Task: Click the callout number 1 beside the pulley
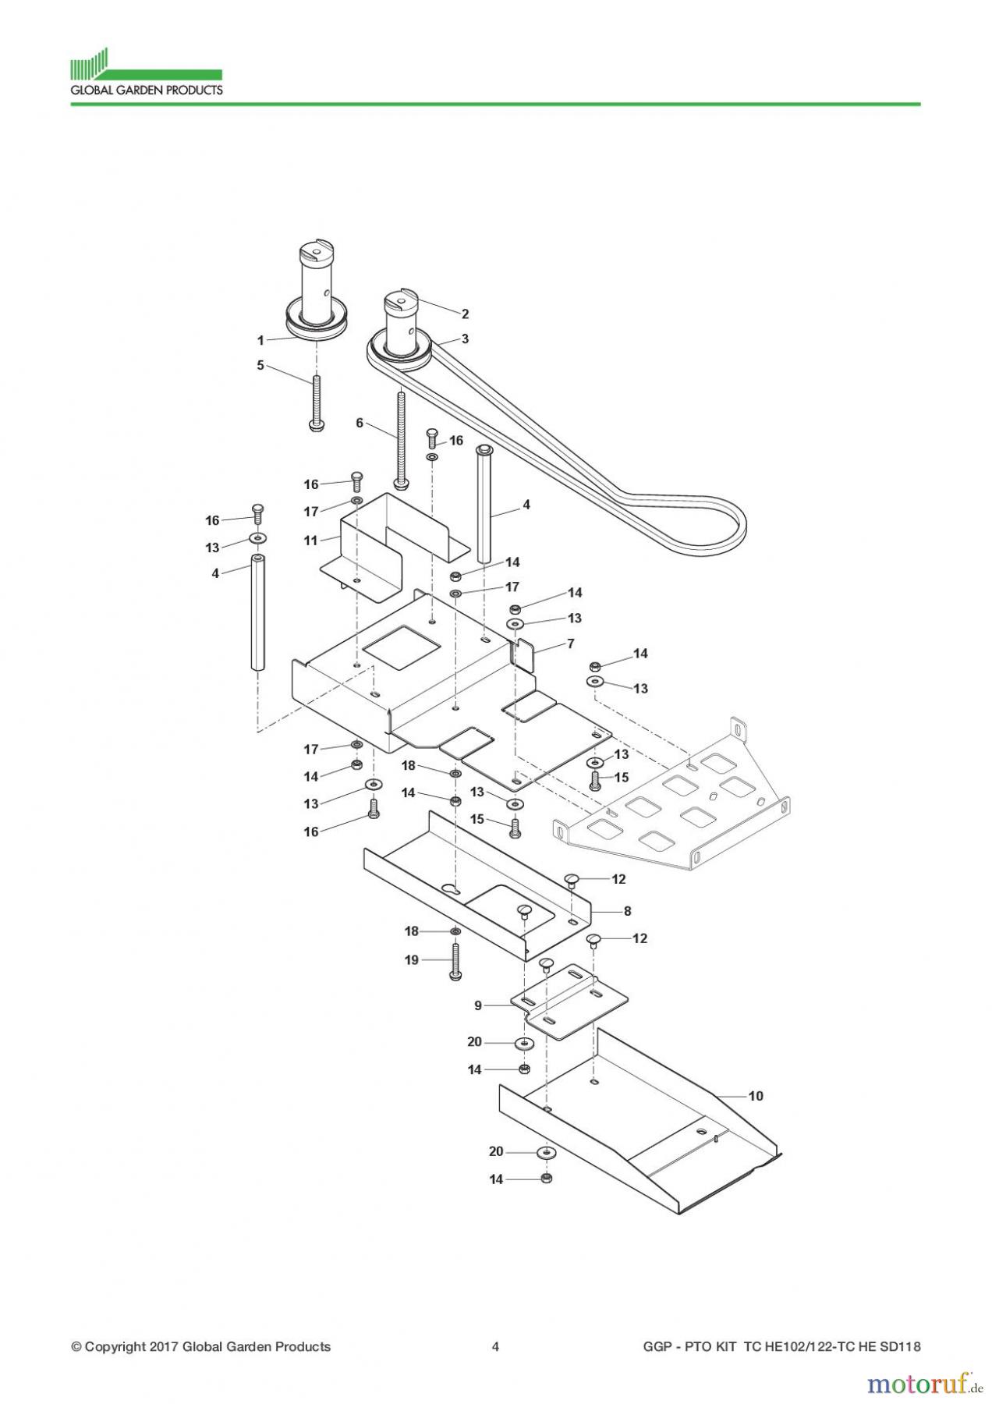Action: point(261,340)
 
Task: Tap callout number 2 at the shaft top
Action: point(466,314)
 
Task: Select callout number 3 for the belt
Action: point(466,339)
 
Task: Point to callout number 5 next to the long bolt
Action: point(261,365)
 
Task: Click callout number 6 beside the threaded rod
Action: point(360,423)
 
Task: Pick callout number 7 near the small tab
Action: point(571,643)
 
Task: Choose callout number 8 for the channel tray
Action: point(627,910)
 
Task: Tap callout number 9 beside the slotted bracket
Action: point(478,1005)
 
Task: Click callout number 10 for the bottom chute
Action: point(755,1096)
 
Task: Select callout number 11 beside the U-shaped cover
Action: point(311,540)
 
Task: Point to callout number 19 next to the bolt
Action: point(412,960)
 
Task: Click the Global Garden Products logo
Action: point(146,73)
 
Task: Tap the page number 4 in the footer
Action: point(495,1346)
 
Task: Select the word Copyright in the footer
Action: point(115,1346)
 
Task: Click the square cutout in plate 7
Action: point(402,646)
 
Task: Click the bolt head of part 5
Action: point(317,427)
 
